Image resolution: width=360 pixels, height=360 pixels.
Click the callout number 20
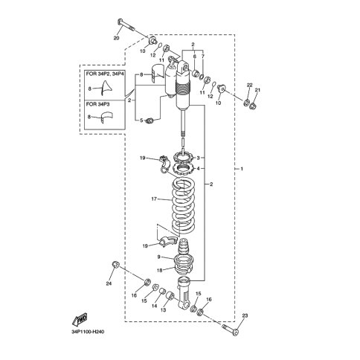116,38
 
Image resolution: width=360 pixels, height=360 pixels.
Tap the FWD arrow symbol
80,319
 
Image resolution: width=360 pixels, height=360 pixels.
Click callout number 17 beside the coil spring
154,199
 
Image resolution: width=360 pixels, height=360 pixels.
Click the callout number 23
245,316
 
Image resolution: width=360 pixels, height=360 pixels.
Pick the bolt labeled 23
231,330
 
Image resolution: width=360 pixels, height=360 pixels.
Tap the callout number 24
109,283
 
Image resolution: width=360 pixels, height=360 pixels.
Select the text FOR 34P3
97,104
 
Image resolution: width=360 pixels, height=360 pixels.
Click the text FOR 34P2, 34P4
104,74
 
